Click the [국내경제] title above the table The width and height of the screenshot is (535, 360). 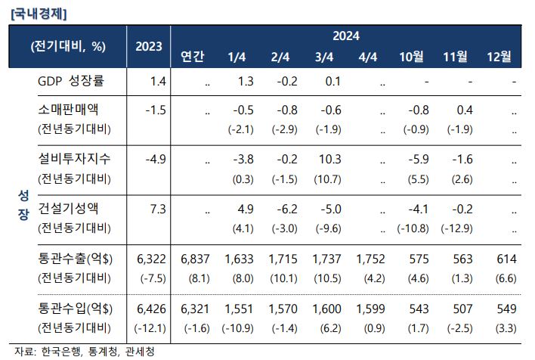39,14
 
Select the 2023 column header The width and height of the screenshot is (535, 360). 148,46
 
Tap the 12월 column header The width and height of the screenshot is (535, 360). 499,57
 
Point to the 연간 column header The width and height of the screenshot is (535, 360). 193,57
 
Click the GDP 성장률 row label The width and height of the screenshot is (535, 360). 71,81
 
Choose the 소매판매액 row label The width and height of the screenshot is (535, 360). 68,110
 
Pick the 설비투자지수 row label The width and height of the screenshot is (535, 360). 74,159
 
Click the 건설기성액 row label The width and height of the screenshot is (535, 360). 68,208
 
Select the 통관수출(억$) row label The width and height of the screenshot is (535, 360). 75,259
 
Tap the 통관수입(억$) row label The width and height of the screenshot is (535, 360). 75,309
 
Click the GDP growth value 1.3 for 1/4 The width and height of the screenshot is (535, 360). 246,81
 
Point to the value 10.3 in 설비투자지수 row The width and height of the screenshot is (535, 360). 330,159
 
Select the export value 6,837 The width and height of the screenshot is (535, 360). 195,259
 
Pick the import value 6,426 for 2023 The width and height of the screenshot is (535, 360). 151,309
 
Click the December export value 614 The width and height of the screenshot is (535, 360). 507,259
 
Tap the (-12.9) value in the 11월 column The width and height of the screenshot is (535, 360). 456,228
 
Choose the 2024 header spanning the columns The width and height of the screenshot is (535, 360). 346,36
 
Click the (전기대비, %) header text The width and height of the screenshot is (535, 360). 68,46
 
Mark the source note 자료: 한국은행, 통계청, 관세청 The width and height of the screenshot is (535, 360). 85,352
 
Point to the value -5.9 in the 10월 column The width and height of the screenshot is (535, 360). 419,159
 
